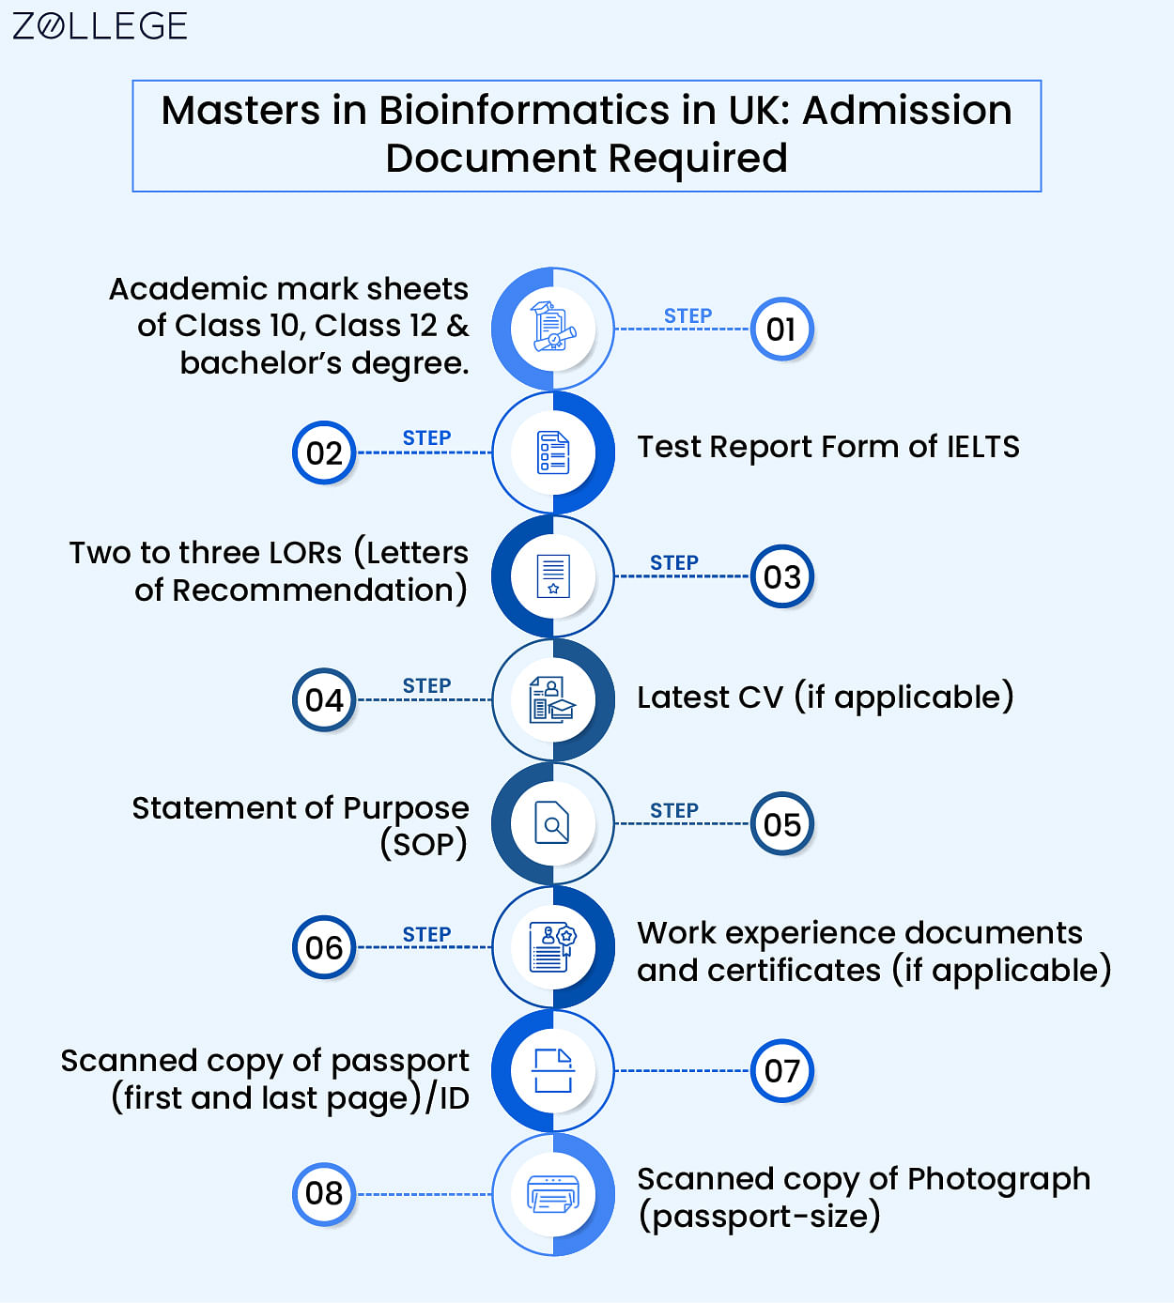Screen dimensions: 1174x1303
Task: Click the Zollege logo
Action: tap(100, 26)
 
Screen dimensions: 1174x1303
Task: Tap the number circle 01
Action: tap(781, 330)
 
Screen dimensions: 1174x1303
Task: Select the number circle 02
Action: tap(324, 452)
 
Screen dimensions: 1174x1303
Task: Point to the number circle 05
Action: tap(781, 823)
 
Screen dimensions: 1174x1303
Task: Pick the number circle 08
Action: tap(324, 1194)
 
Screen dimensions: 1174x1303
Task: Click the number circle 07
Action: tap(781, 1070)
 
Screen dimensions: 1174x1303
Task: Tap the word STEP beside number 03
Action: tap(674, 562)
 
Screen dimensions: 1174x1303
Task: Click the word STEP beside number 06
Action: tap(426, 934)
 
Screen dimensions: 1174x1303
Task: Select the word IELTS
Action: tap(983, 447)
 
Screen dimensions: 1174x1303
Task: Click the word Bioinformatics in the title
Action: tap(523, 110)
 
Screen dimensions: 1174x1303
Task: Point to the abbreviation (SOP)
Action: tap(424, 845)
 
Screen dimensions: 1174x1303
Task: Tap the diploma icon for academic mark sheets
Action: tap(553, 327)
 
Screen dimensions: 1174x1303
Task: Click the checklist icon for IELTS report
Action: tap(553, 452)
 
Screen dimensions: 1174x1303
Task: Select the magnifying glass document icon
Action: tap(552, 823)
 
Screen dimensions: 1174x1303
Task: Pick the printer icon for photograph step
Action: tap(553, 1194)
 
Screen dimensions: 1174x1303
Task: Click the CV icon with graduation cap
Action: tap(552, 699)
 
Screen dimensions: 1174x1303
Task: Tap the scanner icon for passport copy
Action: tap(553, 1070)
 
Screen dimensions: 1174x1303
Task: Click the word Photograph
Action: tap(998, 1180)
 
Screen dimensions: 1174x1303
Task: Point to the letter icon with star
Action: tap(553, 575)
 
